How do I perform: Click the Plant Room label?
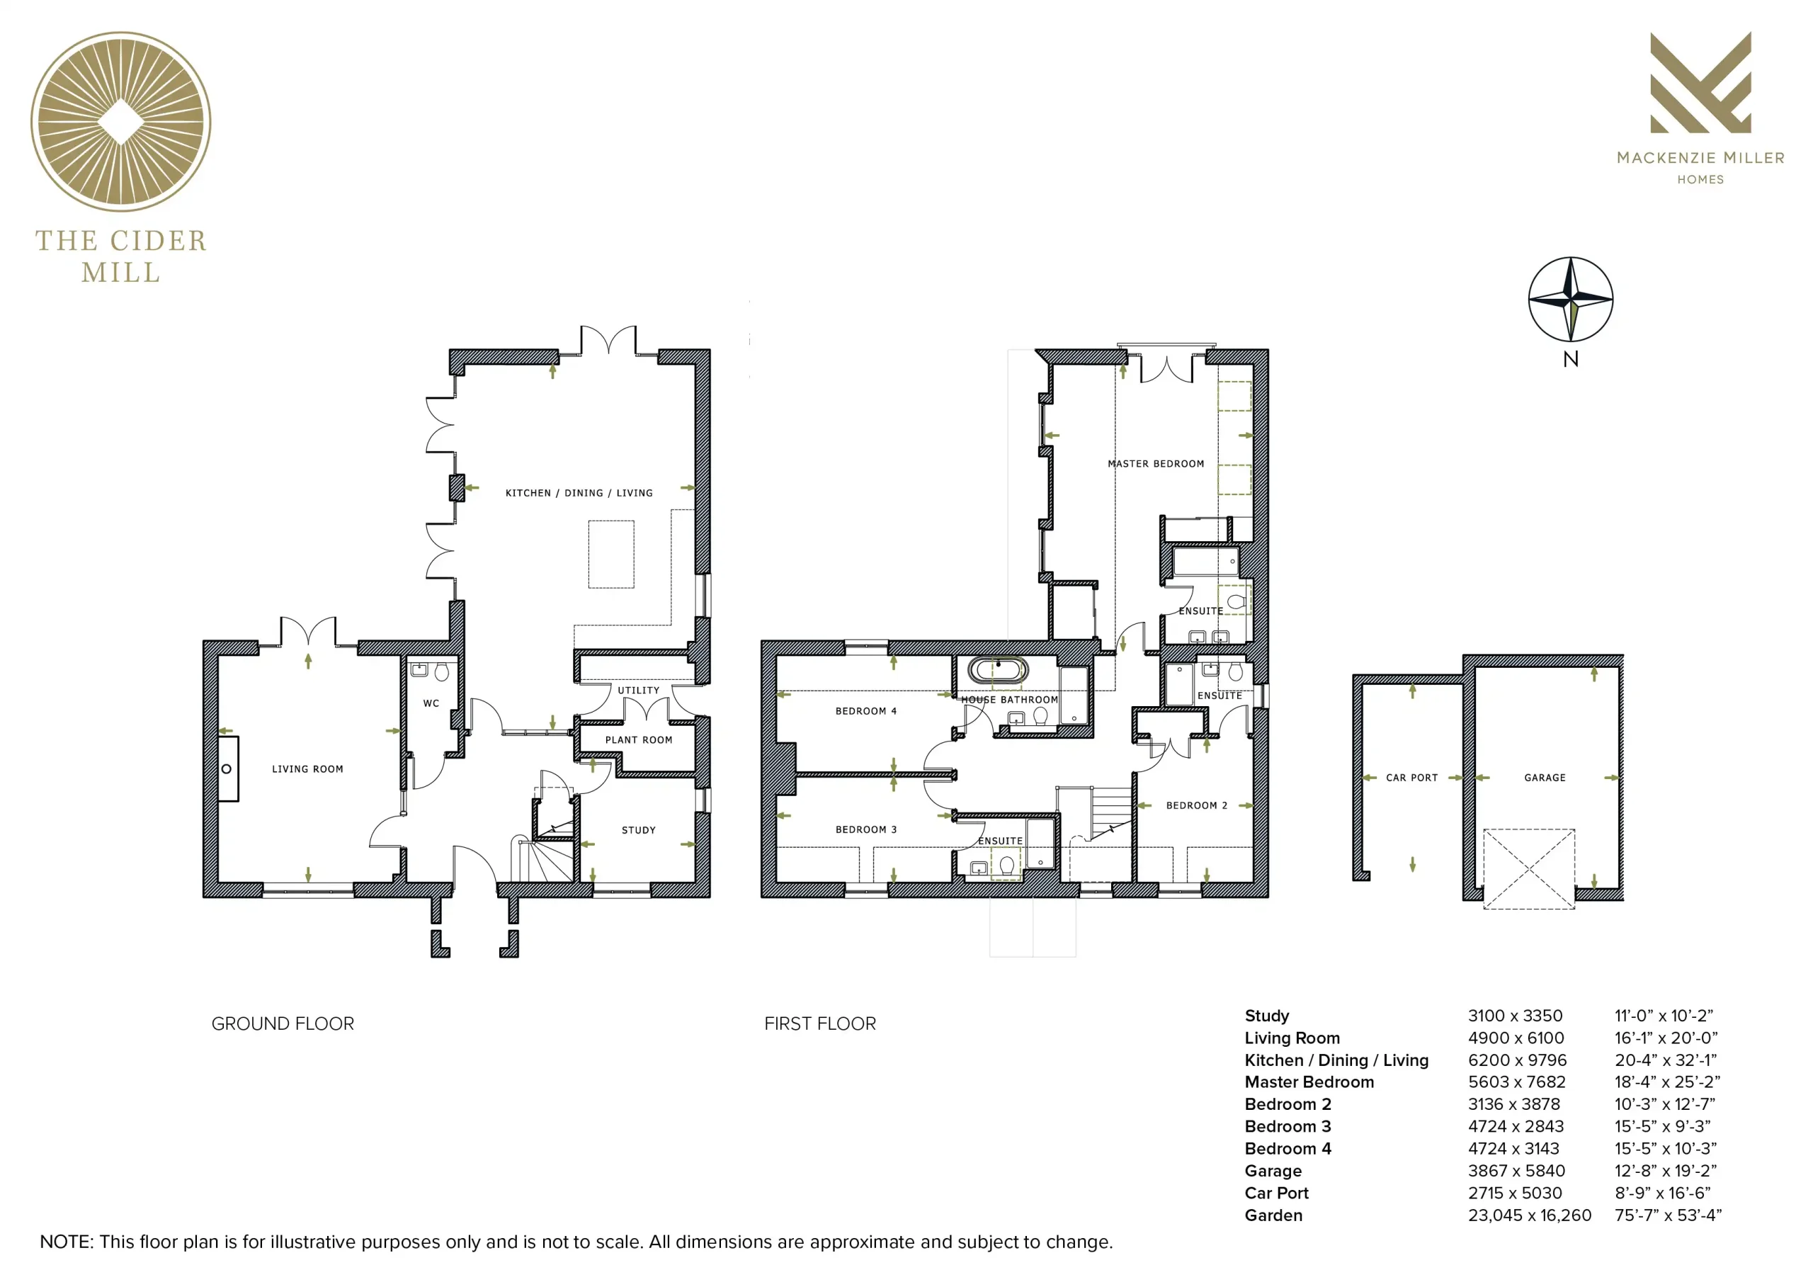638,740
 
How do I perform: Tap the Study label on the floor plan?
638,830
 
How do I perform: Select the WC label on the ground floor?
431,703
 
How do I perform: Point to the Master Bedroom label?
1156,464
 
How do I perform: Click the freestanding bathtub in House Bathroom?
998,671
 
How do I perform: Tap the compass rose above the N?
1571,300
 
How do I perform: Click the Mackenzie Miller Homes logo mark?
1701,82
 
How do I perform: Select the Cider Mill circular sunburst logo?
121,122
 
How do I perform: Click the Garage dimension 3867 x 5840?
1516,1171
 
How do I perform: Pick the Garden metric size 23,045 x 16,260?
1530,1215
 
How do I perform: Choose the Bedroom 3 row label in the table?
1288,1126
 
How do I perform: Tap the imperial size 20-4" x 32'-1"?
1665,1060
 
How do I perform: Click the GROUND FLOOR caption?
283,1023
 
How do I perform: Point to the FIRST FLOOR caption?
819,1023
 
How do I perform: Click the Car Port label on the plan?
1412,778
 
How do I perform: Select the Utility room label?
638,691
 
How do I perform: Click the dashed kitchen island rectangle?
611,554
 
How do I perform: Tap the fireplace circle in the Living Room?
227,768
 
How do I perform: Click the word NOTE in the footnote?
66,1242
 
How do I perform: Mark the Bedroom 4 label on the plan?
866,711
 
